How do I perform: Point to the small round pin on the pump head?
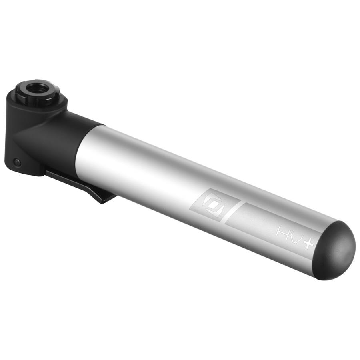pos(17,162)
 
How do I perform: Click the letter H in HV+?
pos(282,232)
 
